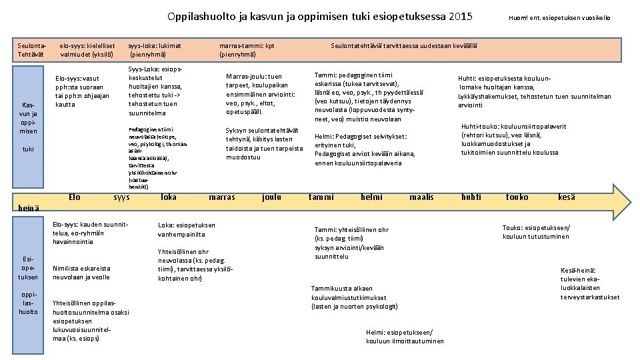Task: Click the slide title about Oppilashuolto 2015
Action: (x=320, y=16)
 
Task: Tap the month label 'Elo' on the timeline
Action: (x=75, y=197)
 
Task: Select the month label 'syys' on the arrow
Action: (x=121, y=197)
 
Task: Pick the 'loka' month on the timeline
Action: (x=169, y=197)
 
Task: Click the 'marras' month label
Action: (x=222, y=197)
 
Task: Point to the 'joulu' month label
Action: (x=271, y=197)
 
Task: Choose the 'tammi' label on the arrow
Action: (x=322, y=197)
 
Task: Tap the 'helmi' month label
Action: (x=371, y=197)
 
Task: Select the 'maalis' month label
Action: (x=421, y=197)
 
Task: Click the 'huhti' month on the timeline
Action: (x=471, y=197)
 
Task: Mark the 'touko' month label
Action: (x=517, y=197)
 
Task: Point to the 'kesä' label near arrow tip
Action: (x=567, y=197)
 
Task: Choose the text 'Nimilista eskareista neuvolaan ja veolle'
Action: (x=81, y=272)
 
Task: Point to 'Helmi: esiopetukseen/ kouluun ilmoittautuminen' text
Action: (x=405, y=337)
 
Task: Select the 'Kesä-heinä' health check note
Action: (x=590, y=283)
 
